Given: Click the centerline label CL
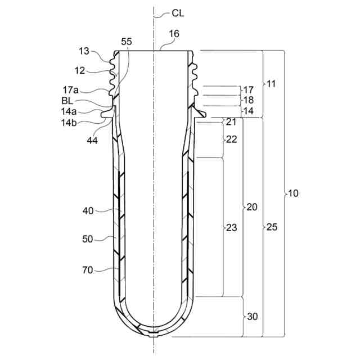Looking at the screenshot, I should pos(178,13).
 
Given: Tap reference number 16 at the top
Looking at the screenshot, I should pos(174,34).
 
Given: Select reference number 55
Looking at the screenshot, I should pos(127,42).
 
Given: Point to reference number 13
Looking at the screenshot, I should pos(84,51).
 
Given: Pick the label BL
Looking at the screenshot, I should pos(67,100).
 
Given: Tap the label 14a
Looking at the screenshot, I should pos(69,111).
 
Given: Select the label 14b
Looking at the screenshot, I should pos(69,121).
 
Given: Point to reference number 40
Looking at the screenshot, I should pos(88,211).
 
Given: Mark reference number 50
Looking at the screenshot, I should pos(87,239).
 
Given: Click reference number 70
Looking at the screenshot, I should pos(87,270).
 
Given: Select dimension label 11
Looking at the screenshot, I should pos(271,84).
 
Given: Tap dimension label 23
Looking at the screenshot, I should pos(231,228).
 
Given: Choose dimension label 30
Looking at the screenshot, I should pos(252,317).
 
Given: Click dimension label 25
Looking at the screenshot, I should pos(272,228).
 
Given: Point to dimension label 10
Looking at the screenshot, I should pos(293,193).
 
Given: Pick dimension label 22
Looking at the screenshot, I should pos(231,139).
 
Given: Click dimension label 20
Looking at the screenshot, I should pos(252,207).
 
